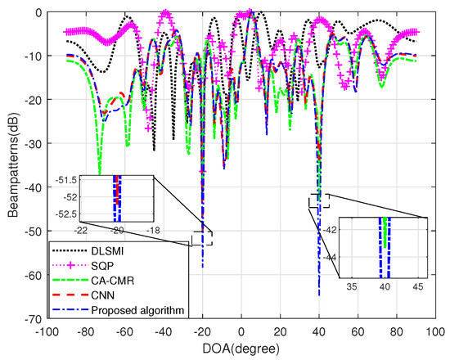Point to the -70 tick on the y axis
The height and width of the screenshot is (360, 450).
coord(24,318)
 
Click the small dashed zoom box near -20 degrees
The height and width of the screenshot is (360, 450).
coord(201,237)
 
